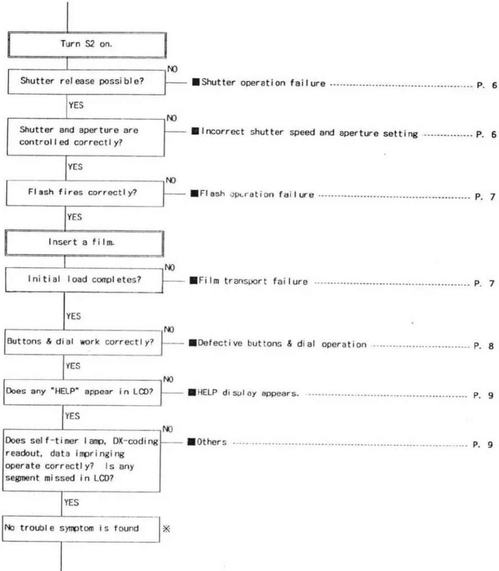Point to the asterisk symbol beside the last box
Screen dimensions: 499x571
(x=166, y=529)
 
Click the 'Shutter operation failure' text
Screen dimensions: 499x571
(x=263, y=83)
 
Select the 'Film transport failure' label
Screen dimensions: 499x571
(x=253, y=281)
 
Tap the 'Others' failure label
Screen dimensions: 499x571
(x=212, y=442)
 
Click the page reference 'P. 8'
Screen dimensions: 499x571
(x=483, y=346)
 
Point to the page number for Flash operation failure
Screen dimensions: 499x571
(x=485, y=197)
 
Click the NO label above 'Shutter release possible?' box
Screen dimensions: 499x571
(x=172, y=69)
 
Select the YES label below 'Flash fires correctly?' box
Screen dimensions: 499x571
(x=74, y=217)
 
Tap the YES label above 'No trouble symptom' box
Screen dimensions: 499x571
(x=72, y=502)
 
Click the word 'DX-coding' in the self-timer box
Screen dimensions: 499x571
(x=135, y=441)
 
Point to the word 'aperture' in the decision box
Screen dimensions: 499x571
(x=99, y=130)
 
